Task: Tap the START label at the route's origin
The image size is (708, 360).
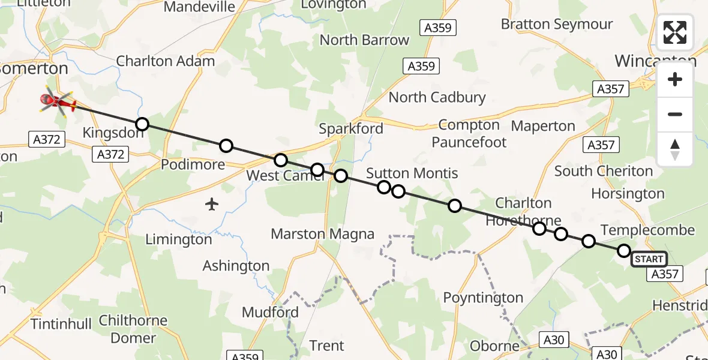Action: pos(649,259)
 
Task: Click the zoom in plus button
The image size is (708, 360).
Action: pos(675,80)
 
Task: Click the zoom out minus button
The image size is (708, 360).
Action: pos(675,114)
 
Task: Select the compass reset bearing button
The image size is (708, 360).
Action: pos(675,149)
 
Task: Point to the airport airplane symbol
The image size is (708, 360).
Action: pos(211,205)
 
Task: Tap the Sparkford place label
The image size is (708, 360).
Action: pos(351,129)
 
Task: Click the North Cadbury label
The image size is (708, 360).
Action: pos(437,97)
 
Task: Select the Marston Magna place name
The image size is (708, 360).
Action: pos(323,234)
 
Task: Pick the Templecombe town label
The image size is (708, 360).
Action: pos(647,230)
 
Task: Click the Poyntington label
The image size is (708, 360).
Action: pos(483,298)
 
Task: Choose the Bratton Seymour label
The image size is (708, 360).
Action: pos(557,25)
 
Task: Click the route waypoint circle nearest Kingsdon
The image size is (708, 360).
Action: pos(142,124)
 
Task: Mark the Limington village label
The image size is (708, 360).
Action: pos(179,240)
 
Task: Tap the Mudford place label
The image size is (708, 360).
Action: pos(270,313)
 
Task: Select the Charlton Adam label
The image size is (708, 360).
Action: pos(165,61)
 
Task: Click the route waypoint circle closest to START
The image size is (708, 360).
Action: pos(624,251)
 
